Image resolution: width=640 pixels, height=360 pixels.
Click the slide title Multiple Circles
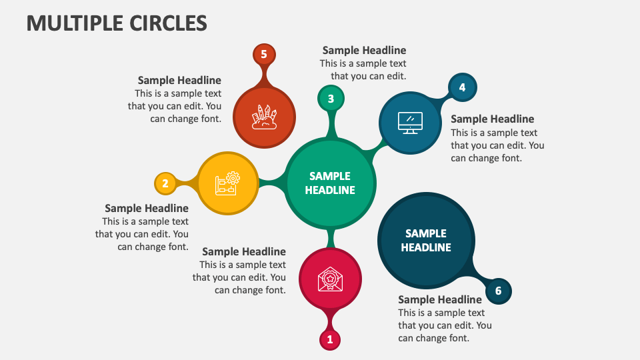click(x=117, y=23)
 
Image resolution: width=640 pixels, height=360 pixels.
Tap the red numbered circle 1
click(x=329, y=339)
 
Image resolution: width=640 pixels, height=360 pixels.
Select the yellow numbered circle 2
click(x=165, y=183)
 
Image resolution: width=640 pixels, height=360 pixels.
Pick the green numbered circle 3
click(x=331, y=99)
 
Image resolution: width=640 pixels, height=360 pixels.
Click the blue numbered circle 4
click(x=462, y=87)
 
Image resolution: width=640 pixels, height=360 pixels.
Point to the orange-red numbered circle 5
click(x=264, y=55)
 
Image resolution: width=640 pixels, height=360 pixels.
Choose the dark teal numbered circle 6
click(x=498, y=291)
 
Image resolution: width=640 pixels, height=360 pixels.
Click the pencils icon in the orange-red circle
click(x=264, y=116)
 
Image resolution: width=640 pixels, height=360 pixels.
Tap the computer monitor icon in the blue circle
click(x=409, y=123)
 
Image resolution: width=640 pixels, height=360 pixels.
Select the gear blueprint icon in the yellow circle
click(x=227, y=183)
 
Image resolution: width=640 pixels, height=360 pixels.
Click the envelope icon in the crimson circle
click(x=330, y=279)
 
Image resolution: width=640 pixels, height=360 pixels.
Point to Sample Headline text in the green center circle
click(x=330, y=183)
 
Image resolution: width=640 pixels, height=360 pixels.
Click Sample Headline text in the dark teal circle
click(x=426, y=240)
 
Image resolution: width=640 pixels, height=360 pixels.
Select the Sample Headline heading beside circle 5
click(x=179, y=81)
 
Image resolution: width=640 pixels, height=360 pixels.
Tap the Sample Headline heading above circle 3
click(x=364, y=50)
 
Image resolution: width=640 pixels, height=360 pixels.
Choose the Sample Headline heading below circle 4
click(x=492, y=119)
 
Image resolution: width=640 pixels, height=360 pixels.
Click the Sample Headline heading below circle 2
click(x=147, y=209)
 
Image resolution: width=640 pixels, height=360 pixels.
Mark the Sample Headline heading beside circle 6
click(x=440, y=299)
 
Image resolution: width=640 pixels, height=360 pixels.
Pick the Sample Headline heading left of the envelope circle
click(x=244, y=251)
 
